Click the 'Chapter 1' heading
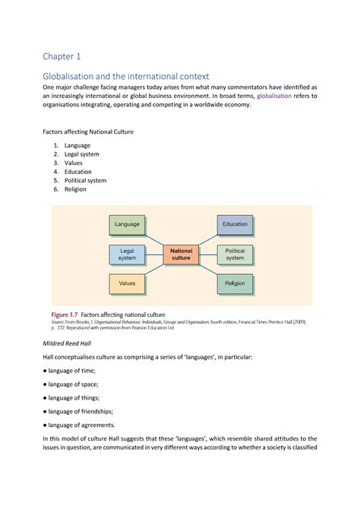click(x=61, y=56)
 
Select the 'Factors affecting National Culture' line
click(x=87, y=131)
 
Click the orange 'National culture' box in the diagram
click(x=181, y=254)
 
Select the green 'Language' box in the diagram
click(x=127, y=224)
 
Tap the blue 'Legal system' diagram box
click(x=127, y=254)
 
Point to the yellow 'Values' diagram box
click(x=127, y=283)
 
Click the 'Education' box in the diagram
click(x=235, y=224)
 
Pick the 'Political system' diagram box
click(x=235, y=254)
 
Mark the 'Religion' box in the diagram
click(x=235, y=283)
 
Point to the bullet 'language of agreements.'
click(x=85, y=425)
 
